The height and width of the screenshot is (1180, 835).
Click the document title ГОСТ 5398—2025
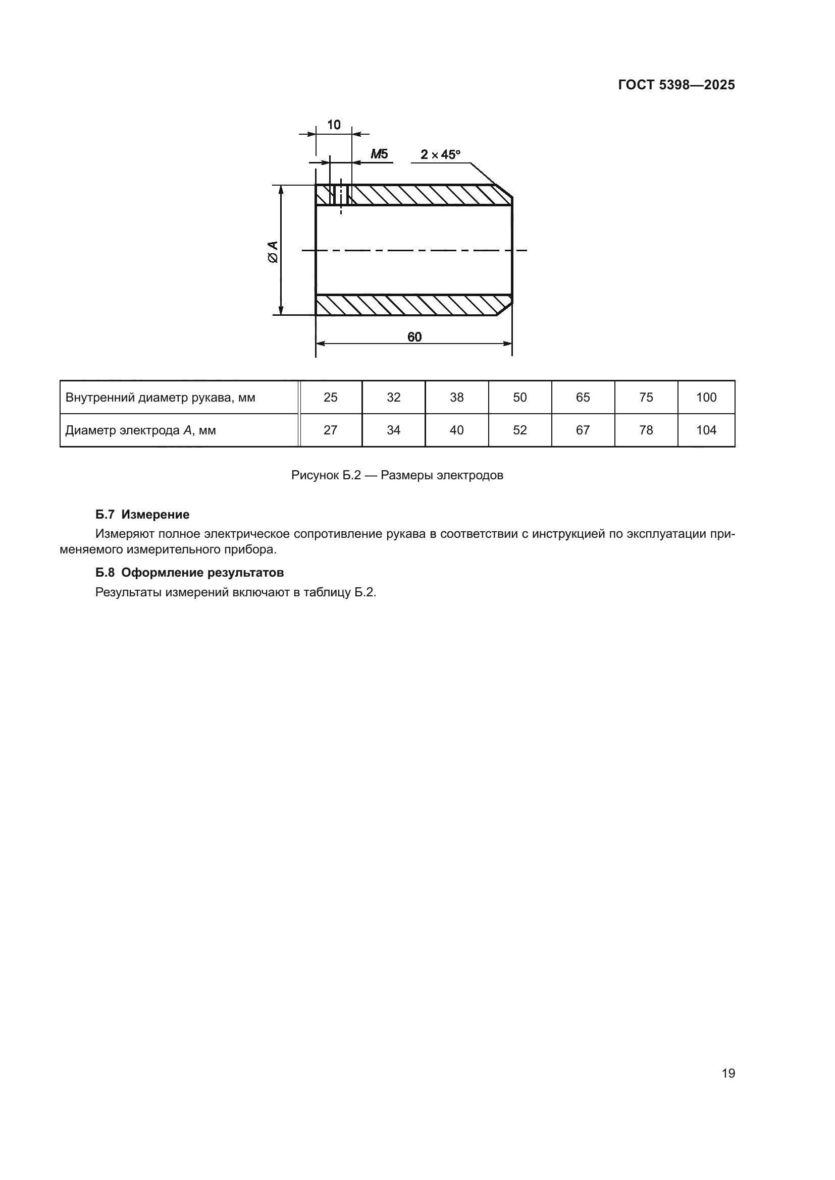tap(676, 85)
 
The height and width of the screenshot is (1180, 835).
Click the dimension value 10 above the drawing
tap(334, 125)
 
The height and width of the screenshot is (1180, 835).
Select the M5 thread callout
tap(380, 154)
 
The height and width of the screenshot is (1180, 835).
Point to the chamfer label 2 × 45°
tap(440, 154)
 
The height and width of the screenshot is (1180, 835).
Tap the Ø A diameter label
tap(273, 252)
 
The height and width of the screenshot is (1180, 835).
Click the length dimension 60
tap(414, 336)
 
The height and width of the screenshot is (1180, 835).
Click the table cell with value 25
tap(331, 397)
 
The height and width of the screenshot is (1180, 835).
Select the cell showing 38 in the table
tap(456, 397)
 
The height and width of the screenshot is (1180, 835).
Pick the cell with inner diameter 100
tap(706, 397)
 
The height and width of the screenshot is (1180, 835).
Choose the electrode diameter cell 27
tap(331, 430)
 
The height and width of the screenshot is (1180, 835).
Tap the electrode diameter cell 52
tap(520, 430)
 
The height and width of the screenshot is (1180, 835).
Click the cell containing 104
tap(706, 430)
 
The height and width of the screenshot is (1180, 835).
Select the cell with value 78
tap(646, 430)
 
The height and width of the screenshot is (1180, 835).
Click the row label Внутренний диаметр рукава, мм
tap(161, 398)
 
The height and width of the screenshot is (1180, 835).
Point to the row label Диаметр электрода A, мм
tap(140, 431)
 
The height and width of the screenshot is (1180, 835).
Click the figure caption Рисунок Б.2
tap(397, 475)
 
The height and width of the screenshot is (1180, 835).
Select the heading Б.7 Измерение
tap(142, 515)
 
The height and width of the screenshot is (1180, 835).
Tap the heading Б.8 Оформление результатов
tap(189, 573)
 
